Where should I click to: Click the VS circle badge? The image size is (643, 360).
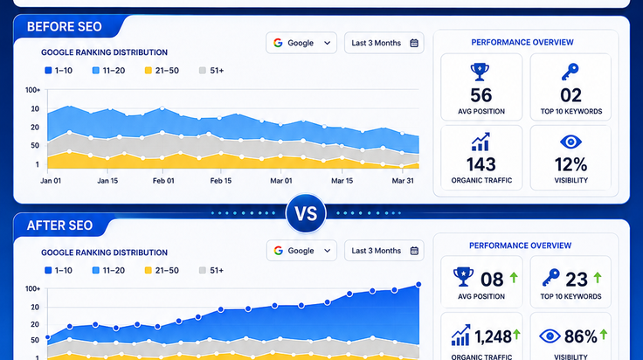306,213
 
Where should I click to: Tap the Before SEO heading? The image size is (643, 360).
65,27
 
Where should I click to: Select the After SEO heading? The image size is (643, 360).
60,225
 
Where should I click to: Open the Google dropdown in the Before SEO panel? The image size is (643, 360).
301,43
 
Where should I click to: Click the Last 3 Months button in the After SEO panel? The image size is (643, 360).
384,251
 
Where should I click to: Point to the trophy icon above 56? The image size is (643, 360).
480,72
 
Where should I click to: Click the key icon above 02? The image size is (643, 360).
570,72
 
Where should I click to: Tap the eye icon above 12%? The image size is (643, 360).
570,142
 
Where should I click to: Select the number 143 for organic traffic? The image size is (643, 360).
481,164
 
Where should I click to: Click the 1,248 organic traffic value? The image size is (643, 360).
493,336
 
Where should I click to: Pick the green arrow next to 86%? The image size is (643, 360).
604,334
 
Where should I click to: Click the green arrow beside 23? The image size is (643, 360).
598,278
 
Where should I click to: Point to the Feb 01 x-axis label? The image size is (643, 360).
163,181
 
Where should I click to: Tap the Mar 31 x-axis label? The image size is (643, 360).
403,181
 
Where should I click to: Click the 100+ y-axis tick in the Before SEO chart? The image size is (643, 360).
33,90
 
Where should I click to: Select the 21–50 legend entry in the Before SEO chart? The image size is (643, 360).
162,71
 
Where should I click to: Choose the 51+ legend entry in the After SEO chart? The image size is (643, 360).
211,270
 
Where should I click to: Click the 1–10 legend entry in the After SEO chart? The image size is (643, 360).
59,270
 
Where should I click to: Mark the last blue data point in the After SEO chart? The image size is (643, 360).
418,284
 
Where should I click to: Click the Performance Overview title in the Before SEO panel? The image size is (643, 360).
522,42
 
